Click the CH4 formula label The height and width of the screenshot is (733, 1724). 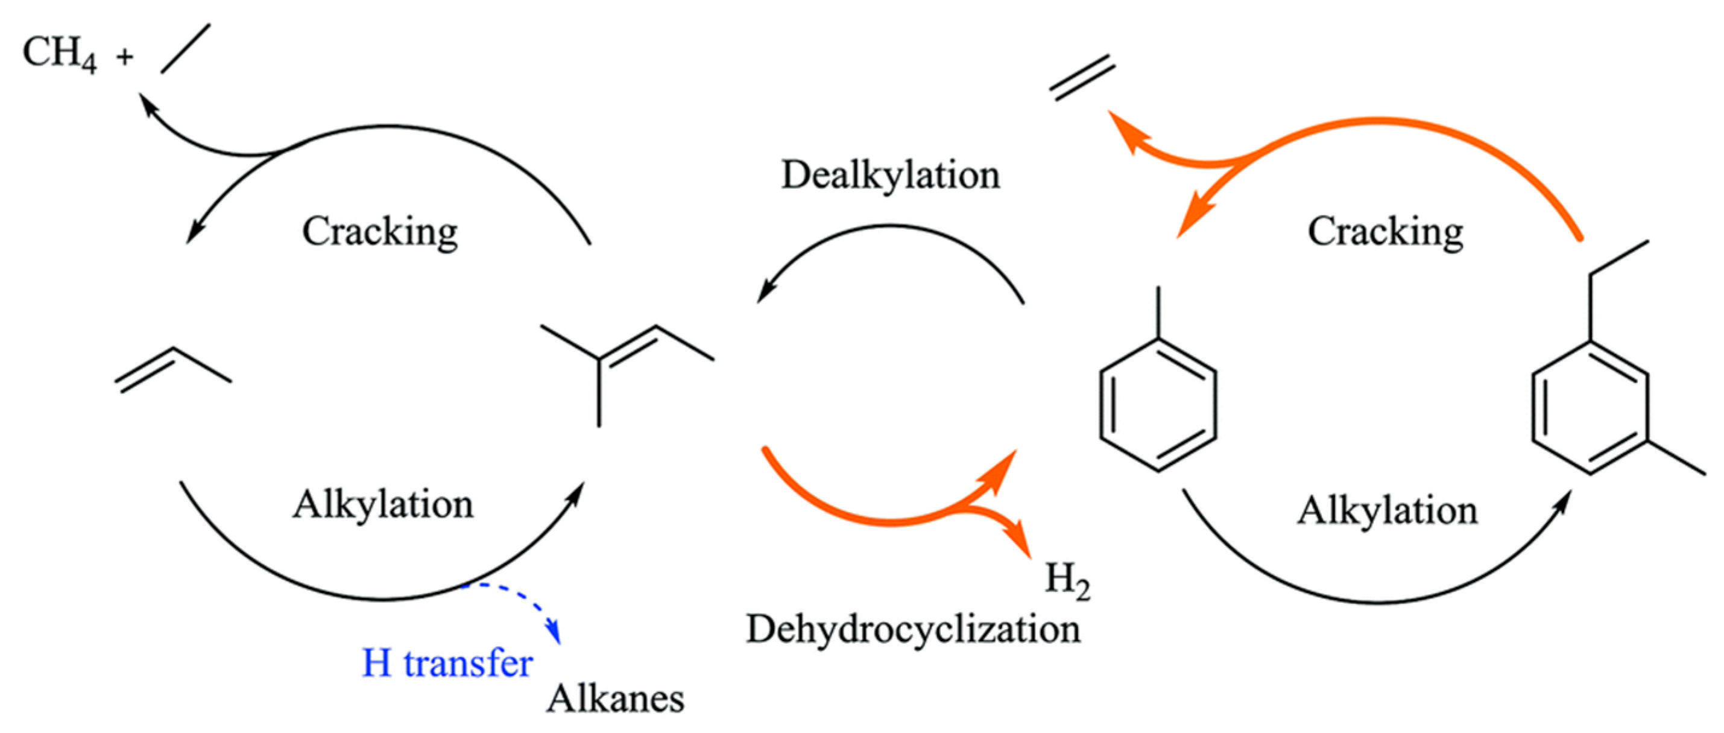click(59, 54)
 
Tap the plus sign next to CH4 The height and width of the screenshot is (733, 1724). click(124, 57)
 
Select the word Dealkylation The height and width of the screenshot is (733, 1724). click(890, 176)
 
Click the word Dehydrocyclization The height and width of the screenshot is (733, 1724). click(914, 630)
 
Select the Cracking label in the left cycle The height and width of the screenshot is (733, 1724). click(379, 232)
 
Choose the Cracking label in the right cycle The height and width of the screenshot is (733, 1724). click(1385, 232)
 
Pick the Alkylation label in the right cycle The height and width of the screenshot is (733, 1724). click(1388, 511)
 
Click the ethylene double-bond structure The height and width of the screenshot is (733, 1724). click(1082, 78)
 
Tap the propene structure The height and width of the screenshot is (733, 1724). click(173, 369)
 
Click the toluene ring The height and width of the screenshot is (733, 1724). click(1158, 405)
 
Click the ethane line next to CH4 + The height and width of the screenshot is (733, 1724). click(185, 48)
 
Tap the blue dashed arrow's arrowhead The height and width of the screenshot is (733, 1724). click(553, 633)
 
